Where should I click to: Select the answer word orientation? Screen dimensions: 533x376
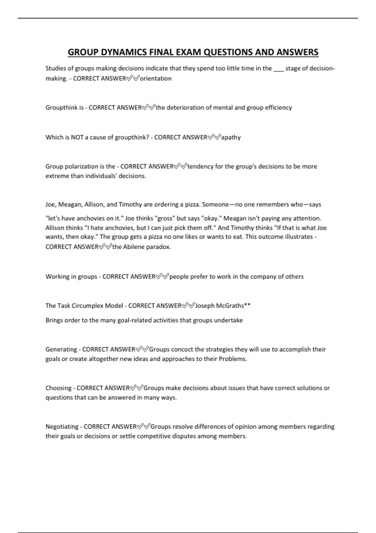156,78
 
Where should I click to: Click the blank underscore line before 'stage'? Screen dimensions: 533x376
279,69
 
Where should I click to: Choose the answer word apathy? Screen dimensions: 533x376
231,137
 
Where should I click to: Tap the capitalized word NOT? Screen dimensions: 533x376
77,137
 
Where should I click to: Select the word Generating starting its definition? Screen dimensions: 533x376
61,349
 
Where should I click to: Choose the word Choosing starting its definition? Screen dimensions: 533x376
58,388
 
